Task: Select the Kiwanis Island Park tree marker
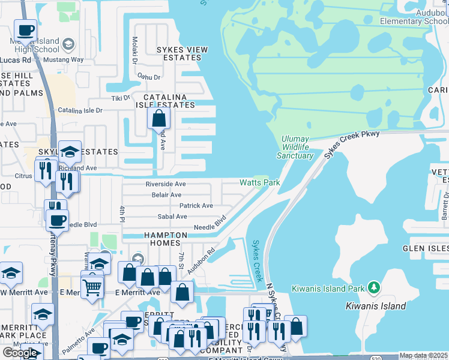coord(375,288)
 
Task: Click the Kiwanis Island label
coord(376,306)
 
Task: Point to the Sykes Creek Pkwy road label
coord(352,143)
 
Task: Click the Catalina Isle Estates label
coord(169,100)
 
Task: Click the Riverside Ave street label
coord(166,184)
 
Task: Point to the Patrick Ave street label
coord(196,205)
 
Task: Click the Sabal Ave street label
coord(172,217)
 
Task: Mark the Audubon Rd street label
coord(200,262)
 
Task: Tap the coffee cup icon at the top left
coord(25,30)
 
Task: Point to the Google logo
coord(20,353)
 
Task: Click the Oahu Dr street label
coord(149,77)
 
